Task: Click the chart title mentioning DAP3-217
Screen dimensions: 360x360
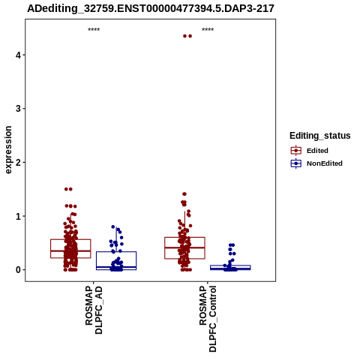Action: pyautogui.click(x=151, y=8)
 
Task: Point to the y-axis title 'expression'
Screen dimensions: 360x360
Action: pyautogui.click(x=8, y=150)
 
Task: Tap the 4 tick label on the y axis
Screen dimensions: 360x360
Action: pyautogui.click(x=18, y=55)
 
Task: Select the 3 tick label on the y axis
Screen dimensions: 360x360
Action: pyautogui.click(x=18, y=109)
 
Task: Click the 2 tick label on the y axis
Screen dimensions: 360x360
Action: pyautogui.click(x=18, y=163)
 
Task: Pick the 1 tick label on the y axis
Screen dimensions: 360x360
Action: pyautogui.click(x=18, y=216)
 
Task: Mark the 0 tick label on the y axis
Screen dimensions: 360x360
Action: pyautogui.click(x=18, y=270)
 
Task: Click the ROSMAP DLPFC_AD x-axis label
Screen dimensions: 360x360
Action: pyautogui.click(x=94, y=310)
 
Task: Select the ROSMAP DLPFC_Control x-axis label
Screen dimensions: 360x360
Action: pyautogui.click(x=208, y=319)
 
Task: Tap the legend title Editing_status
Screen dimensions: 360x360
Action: pyautogui.click(x=320, y=136)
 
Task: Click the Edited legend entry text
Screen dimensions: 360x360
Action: pyautogui.click(x=317, y=151)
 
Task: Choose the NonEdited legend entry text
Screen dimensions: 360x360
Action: pyautogui.click(x=325, y=163)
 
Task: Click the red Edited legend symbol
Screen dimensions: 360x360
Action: pyautogui.click(x=296, y=151)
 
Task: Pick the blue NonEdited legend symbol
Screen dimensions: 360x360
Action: pyautogui.click(x=296, y=163)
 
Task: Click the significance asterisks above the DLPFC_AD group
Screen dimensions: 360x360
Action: pyautogui.click(x=94, y=29)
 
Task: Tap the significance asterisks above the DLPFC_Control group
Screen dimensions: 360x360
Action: pyautogui.click(x=208, y=29)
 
